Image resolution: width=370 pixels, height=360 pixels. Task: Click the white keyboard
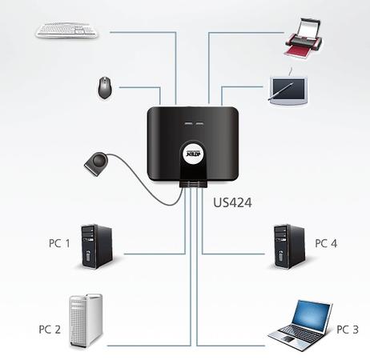[66, 30]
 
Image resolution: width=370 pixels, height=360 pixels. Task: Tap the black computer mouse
[105, 88]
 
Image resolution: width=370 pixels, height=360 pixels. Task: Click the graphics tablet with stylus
[288, 90]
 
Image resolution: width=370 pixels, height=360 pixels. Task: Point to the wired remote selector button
[96, 164]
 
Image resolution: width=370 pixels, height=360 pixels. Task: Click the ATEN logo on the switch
[193, 154]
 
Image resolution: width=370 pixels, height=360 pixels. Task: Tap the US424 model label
[232, 202]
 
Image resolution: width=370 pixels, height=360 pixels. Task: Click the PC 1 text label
[59, 243]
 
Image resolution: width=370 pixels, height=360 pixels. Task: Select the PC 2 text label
[50, 330]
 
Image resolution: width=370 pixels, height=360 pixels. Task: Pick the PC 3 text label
[348, 330]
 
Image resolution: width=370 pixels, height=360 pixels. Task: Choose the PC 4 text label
[326, 243]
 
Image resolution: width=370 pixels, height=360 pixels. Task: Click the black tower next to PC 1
[97, 246]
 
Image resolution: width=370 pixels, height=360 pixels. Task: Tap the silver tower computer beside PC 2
[86, 321]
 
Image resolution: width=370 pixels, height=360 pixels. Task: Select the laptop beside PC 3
[300, 325]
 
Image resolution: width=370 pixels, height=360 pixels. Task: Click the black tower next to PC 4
[290, 246]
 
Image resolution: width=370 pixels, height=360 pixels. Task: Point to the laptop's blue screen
[311, 316]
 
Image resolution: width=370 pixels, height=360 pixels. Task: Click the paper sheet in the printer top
[309, 27]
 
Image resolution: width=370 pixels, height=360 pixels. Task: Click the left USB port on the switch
[187, 124]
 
